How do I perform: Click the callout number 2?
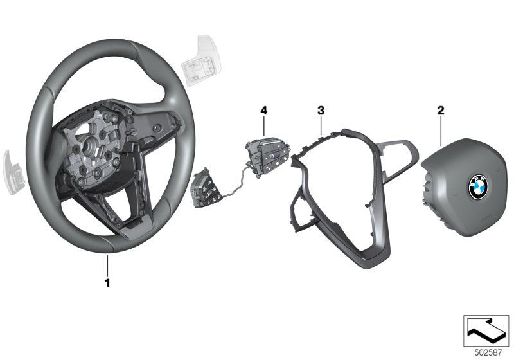[441, 111]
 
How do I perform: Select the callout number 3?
[320, 111]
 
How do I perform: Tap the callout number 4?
[263, 111]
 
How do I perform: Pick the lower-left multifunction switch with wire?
[207, 188]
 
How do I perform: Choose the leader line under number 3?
[320, 125]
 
